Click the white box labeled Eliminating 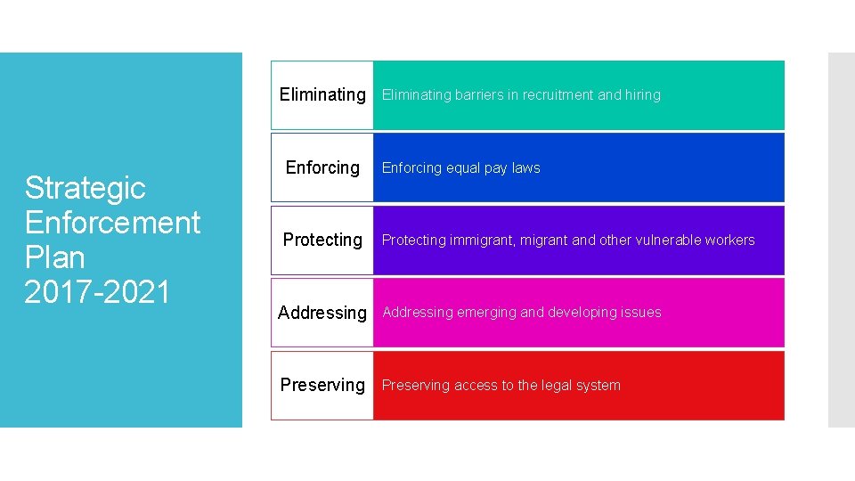click(322, 94)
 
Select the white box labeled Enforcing click(322, 167)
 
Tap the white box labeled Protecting click(322, 240)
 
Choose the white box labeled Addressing click(322, 313)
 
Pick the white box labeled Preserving click(322, 385)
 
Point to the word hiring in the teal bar click(643, 95)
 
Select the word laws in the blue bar click(526, 167)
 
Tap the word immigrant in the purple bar click(479, 240)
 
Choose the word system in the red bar click(600, 386)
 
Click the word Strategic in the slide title click(85, 187)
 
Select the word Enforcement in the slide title click(113, 222)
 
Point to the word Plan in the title click(54, 257)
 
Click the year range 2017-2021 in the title click(97, 291)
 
